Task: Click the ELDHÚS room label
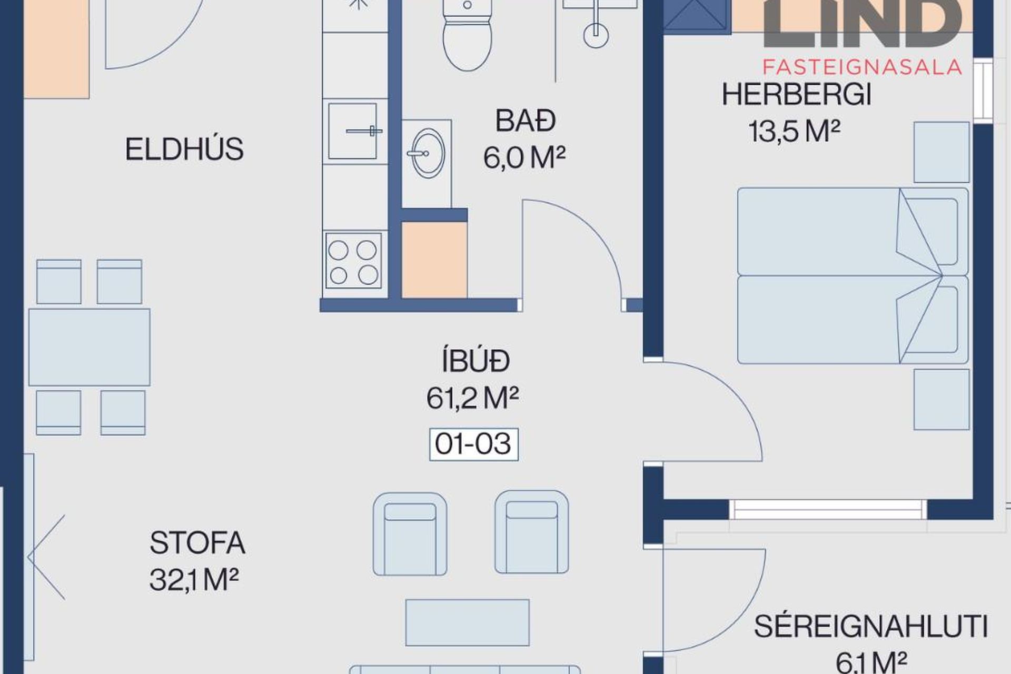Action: (x=184, y=149)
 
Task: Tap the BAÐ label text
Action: (x=525, y=121)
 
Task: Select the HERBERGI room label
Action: (x=796, y=95)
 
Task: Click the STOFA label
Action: (x=197, y=543)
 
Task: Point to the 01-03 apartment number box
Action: (x=473, y=444)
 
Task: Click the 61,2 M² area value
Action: (x=472, y=399)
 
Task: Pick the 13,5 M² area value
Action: (x=794, y=131)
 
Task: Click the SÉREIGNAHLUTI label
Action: (x=870, y=627)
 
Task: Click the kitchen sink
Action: (x=353, y=131)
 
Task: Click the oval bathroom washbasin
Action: (x=427, y=154)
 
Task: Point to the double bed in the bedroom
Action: (x=852, y=276)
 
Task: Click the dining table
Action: (x=89, y=347)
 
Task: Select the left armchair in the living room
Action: (x=410, y=533)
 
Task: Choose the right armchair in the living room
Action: (x=531, y=532)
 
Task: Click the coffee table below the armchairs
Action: (x=467, y=622)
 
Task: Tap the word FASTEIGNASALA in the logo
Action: (x=862, y=67)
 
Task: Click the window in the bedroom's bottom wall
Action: (x=828, y=509)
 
